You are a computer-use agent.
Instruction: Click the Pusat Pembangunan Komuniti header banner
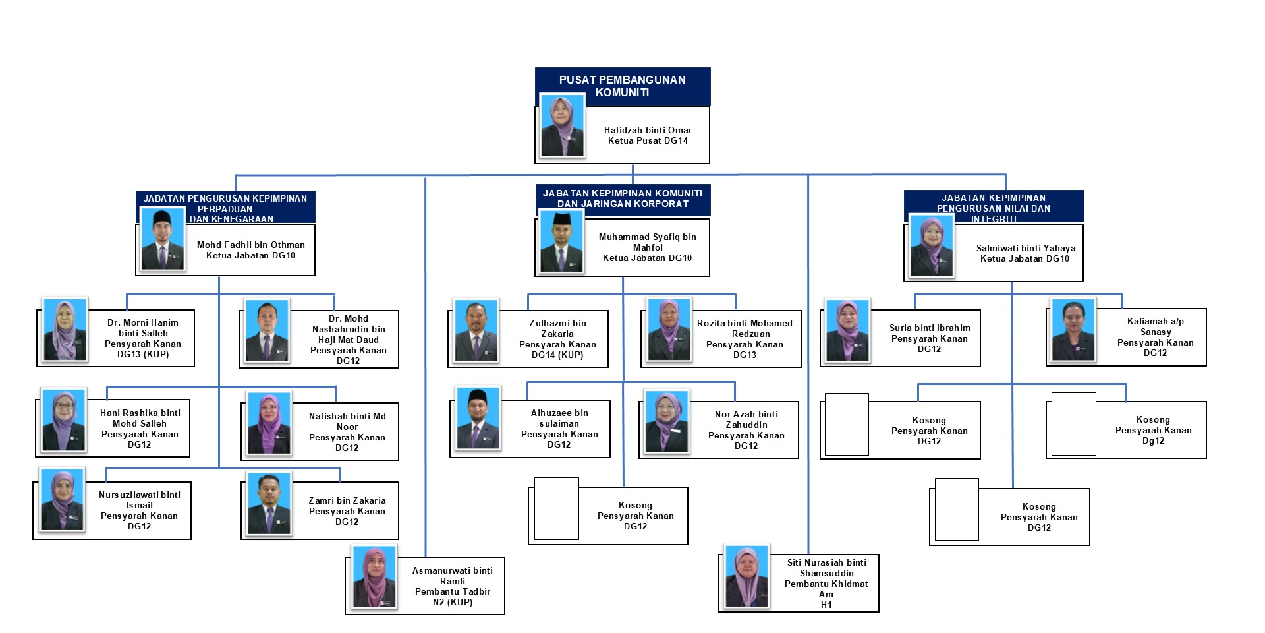[623, 86]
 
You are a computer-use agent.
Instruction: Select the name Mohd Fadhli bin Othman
[250, 245]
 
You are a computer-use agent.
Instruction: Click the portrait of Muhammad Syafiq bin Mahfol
[561, 241]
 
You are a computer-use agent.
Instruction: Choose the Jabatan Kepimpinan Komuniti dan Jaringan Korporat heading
[623, 198]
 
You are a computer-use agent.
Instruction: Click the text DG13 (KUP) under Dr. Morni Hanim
[143, 355]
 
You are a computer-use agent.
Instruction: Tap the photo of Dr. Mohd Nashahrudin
[267, 330]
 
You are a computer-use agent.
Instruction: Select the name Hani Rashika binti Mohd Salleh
[140, 418]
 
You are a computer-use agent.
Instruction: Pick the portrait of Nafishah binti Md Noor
[269, 423]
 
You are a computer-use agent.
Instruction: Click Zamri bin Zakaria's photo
[269, 503]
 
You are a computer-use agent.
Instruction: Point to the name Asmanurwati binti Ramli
[453, 576]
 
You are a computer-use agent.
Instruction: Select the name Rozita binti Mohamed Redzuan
[745, 328]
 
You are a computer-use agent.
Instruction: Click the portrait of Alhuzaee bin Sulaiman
[478, 418]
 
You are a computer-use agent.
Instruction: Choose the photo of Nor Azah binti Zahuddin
[667, 422]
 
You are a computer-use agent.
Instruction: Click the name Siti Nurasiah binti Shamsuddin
[827, 568]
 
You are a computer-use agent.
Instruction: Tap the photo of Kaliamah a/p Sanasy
[1073, 330]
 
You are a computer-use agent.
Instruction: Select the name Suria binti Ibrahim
[930, 328]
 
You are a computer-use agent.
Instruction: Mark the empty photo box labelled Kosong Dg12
[1074, 424]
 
